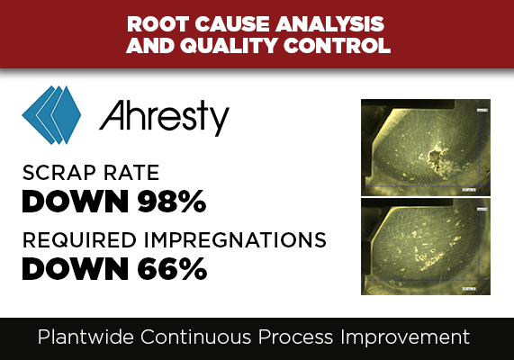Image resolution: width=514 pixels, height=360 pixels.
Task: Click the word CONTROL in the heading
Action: (x=337, y=45)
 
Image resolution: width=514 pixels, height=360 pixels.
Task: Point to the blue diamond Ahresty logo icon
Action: (x=51, y=115)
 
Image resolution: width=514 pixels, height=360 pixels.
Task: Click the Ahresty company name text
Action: (x=164, y=118)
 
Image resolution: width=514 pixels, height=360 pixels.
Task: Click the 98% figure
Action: (x=172, y=202)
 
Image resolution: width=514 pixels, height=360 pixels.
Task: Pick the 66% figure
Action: (x=172, y=269)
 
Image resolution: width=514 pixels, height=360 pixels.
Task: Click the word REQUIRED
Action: (x=79, y=240)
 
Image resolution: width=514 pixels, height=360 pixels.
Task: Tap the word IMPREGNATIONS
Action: (x=235, y=240)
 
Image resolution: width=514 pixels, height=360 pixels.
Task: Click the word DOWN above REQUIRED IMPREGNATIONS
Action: (x=75, y=202)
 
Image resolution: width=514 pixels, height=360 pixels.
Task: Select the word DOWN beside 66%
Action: (x=75, y=269)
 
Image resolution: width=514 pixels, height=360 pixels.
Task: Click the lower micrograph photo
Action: (x=426, y=247)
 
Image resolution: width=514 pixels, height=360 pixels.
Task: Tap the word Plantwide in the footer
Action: (x=86, y=337)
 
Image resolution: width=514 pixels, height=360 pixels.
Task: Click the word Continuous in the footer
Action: (x=195, y=337)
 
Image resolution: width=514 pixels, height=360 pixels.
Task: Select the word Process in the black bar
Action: (x=295, y=337)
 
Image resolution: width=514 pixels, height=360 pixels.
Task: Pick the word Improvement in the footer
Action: (x=405, y=337)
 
